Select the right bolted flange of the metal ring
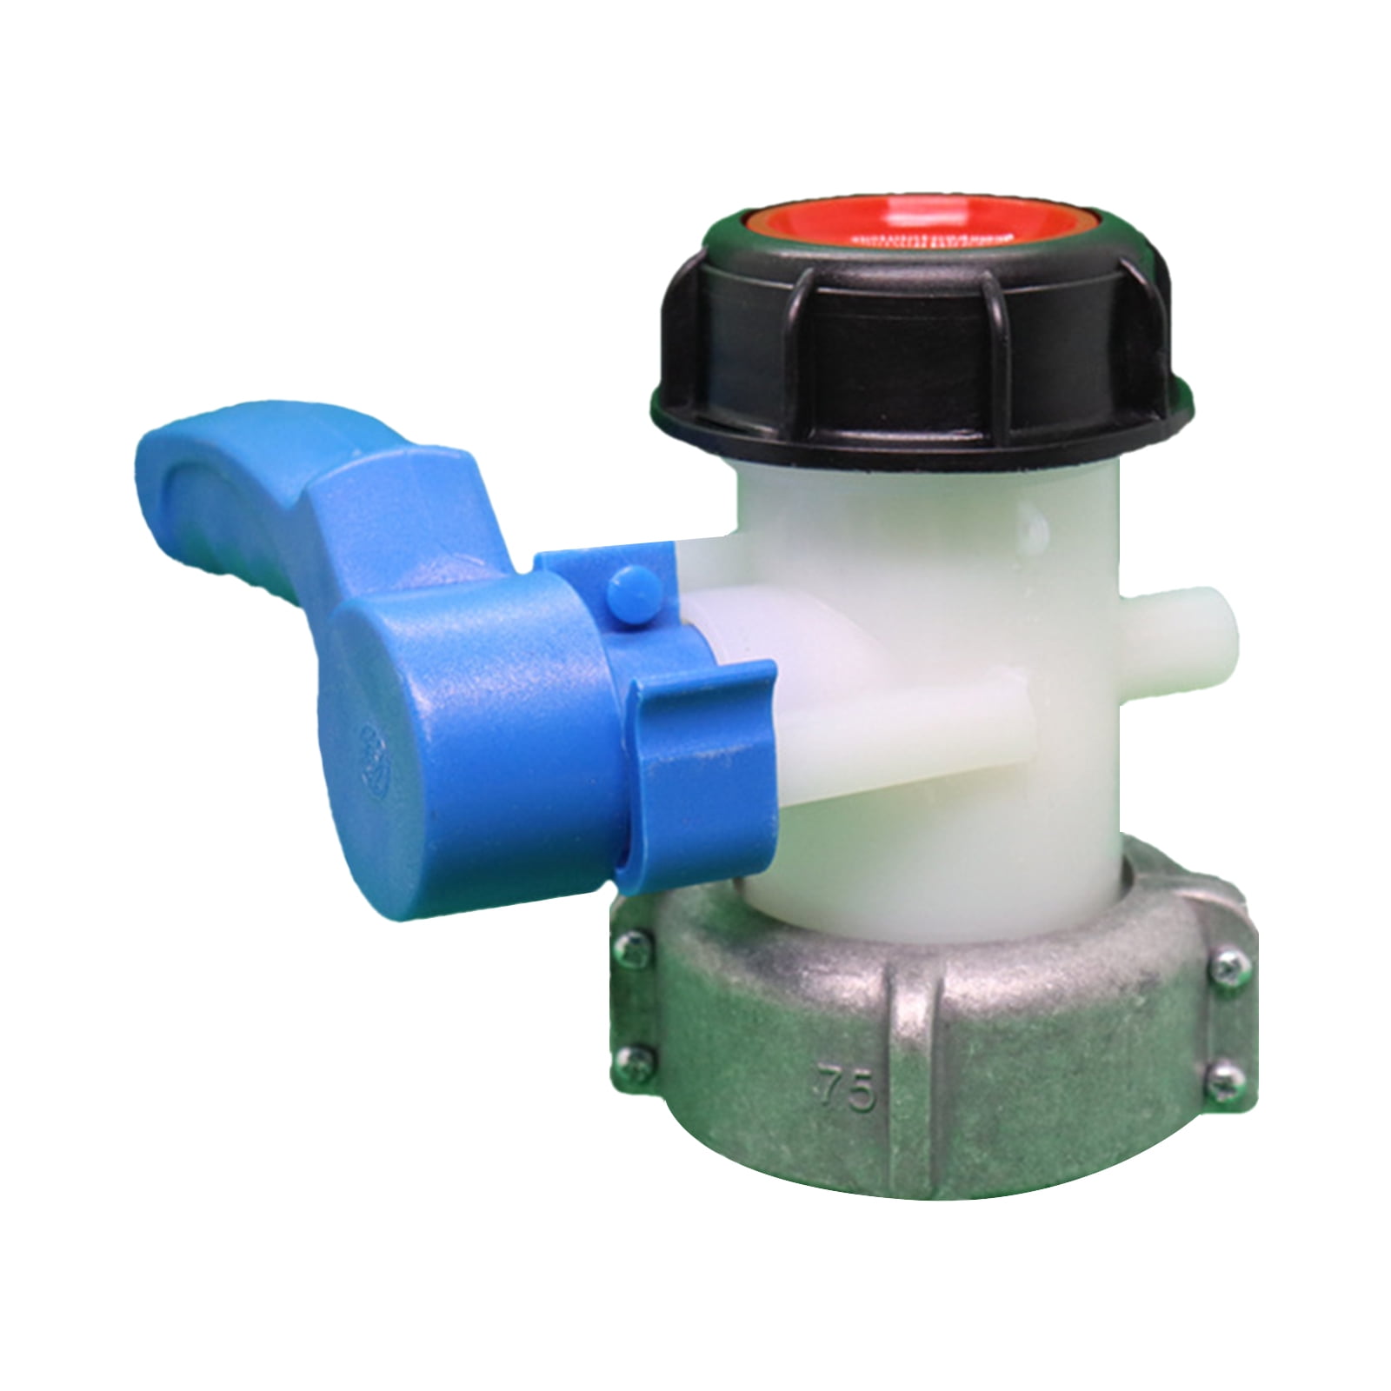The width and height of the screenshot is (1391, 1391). pyautogui.click(x=1221, y=1017)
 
